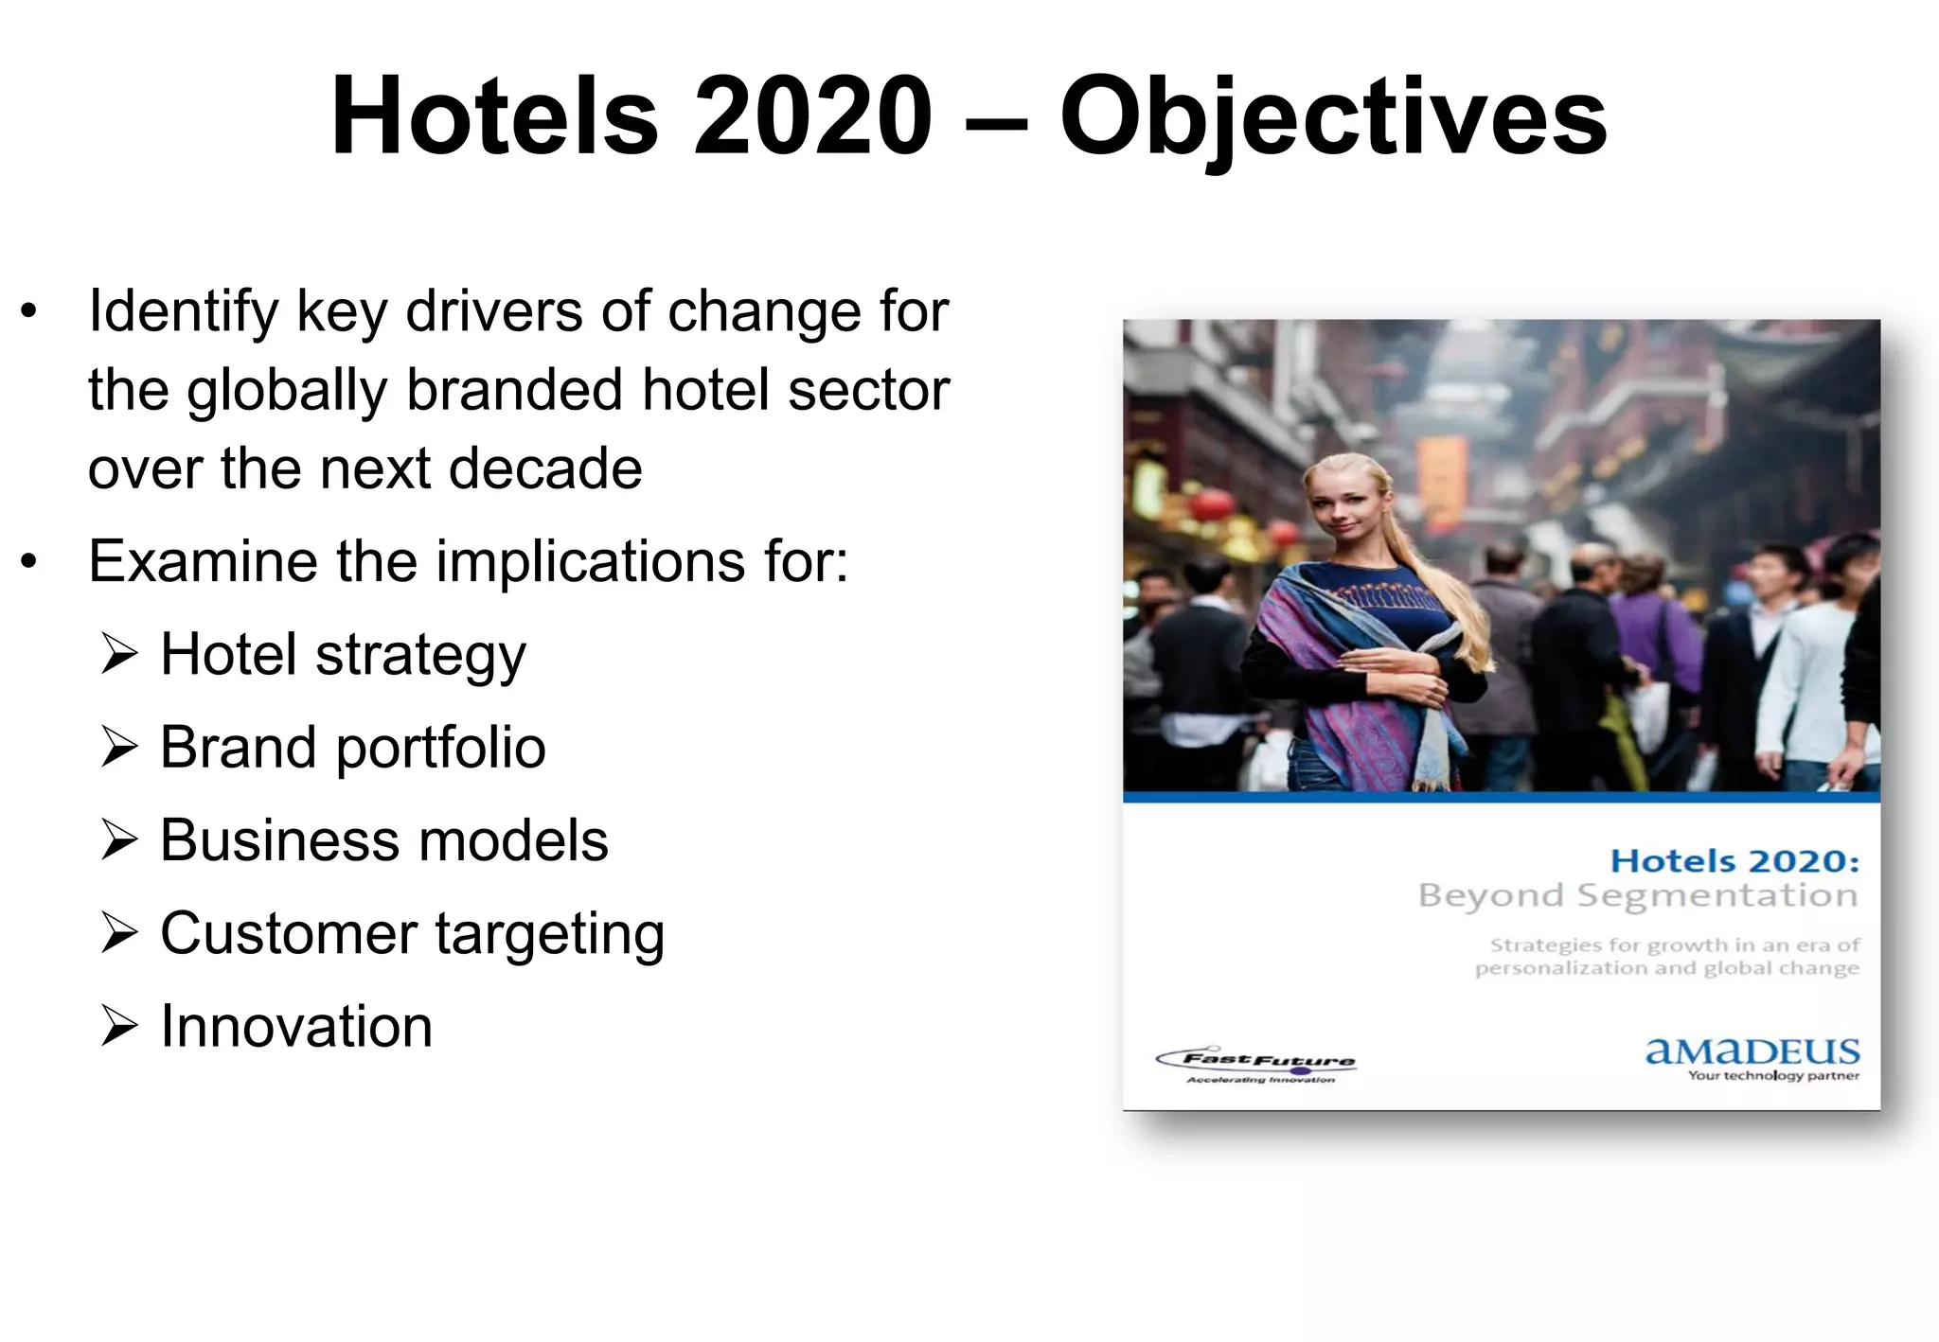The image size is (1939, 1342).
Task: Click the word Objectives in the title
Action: click(1333, 118)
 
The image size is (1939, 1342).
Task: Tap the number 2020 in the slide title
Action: click(813, 116)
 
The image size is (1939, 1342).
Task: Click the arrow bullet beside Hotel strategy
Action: click(119, 654)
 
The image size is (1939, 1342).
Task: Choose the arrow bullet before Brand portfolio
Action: click(119, 747)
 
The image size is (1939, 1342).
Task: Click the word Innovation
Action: click(296, 1026)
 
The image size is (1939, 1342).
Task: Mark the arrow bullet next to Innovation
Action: click(119, 1026)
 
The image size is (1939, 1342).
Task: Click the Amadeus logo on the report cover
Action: click(1752, 1056)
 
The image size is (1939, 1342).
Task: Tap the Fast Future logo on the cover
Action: click(1257, 1066)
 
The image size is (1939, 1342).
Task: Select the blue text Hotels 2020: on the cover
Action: click(1734, 861)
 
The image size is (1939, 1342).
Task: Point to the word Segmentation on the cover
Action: click(1717, 896)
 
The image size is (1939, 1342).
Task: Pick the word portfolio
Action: click(440, 749)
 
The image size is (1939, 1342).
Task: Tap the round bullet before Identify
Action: click(29, 311)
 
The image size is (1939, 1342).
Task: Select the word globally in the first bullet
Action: click(287, 391)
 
